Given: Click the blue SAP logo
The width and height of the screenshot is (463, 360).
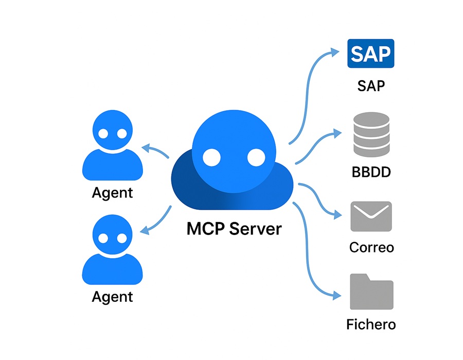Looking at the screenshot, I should (371, 53).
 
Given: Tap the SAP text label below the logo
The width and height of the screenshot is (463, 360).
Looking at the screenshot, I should (371, 85).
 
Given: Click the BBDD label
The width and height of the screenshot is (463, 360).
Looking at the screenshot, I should (371, 171).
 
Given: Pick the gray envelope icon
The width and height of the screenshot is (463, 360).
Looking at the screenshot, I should (371, 217).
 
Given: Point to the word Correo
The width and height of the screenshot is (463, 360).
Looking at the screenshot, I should (371, 247).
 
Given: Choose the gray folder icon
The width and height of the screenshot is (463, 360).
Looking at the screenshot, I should (371, 292).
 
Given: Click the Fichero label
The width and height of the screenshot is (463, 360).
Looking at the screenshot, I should (371, 325).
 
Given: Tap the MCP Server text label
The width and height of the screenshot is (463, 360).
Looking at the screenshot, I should (234, 228).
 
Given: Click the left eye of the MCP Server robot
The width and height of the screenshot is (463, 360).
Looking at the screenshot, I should (211, 157).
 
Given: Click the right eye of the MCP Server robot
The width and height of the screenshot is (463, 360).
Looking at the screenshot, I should (256, 157).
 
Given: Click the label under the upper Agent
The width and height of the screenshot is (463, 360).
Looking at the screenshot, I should (112, 193).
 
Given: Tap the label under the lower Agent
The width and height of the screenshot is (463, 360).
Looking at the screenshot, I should (112, 297).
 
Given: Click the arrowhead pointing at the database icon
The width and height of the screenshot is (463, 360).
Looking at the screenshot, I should (336, 133).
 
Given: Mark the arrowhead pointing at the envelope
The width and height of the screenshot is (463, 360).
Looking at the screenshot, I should (337, 214).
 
